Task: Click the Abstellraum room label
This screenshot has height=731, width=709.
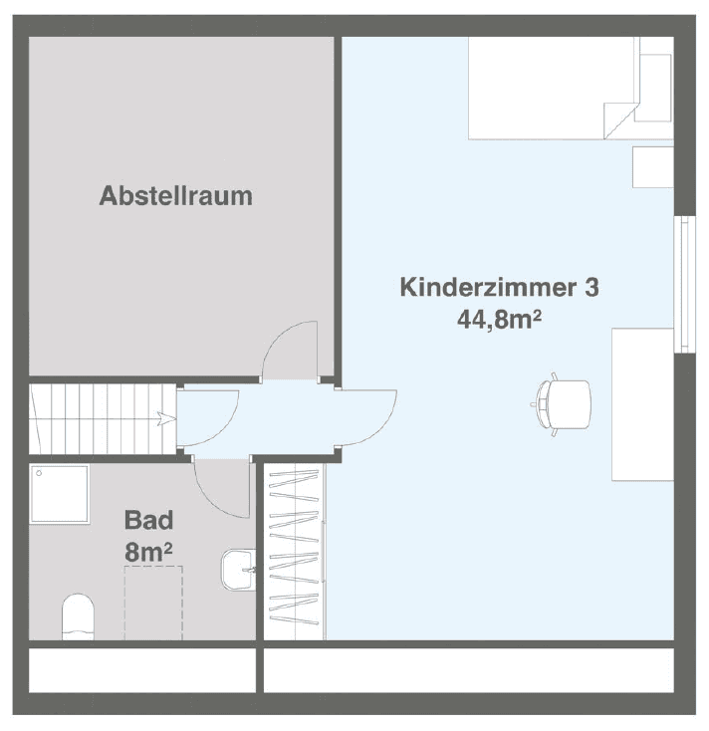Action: point(175,195)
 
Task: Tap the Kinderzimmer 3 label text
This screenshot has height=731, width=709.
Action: point(499,288)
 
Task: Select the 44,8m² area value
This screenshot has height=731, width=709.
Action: point(499,320)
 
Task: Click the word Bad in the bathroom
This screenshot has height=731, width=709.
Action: point(149,519)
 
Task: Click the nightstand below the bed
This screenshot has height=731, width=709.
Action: point(652,166)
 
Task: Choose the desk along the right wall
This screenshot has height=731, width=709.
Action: point(642,404)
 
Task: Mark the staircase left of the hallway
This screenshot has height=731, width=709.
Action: point(100,417)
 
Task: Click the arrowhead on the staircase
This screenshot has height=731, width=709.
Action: point(160,417)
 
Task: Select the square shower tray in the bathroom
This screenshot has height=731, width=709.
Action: point(60,494)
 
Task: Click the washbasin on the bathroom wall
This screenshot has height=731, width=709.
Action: point(237,571)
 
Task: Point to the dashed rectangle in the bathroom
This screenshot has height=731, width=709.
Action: point(153,602)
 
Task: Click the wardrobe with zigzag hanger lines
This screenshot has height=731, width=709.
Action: point(295,551)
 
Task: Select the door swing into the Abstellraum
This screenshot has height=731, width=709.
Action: point(290,350)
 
